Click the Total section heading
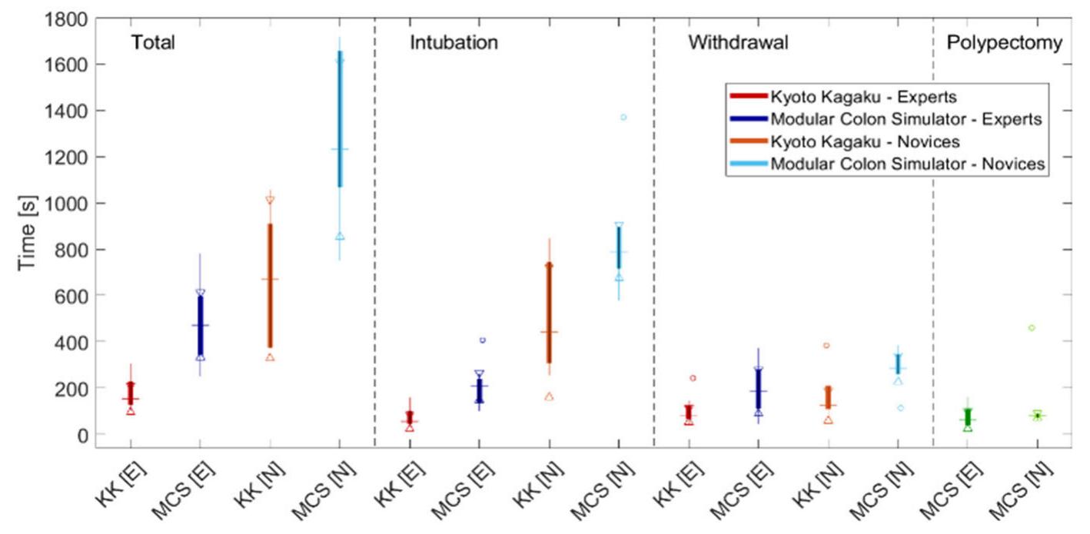point(153,42)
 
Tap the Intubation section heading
point(453,42)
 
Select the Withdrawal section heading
point(737,42)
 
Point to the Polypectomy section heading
point(1004,42)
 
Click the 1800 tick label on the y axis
point(65,18)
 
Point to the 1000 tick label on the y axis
point(65,203)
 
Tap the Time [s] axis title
point(28,234)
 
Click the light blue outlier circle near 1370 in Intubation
point(623,118)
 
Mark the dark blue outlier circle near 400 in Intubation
point(482,340)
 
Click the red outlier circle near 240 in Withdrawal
point(693,378)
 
